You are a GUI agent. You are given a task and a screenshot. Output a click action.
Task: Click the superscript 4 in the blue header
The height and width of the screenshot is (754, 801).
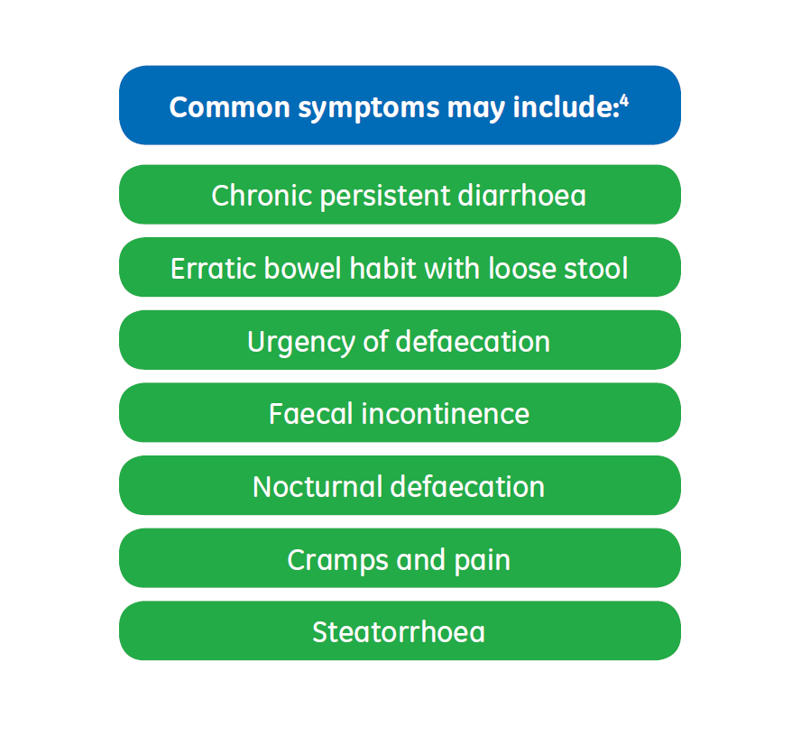click(623, 99)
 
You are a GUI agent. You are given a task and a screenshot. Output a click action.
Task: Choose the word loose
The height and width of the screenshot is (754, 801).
click(520, 268)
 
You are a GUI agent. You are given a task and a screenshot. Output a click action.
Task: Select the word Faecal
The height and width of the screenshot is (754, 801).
click(309, 414)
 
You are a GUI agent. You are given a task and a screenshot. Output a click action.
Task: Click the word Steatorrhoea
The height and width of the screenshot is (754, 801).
click(399, 632)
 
